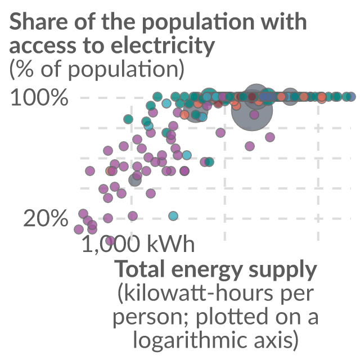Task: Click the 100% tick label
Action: pyautogui.click(x=39, y=97)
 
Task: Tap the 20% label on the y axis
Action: pyautogui.click(x=46, y=218)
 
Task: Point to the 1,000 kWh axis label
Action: pyautogui.click(x=138, y=244)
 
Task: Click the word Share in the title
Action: pyautogui.click(x=38, y=21)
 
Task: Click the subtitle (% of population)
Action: pyautogui.click(x=97, y=69)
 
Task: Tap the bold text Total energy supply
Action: pyautogui.click(x=215, y=269)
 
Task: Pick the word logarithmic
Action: pyautogui.click(x=190, y=340)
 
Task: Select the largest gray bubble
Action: pyautogui.click(x=252, y=110)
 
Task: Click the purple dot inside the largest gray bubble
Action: pyautogui.click(x=254, y=114)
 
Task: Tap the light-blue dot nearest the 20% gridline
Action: pyautogui.click(x=173, y=216)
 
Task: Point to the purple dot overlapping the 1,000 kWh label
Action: pyautogui.click(x=110, y=241)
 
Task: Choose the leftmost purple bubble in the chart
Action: pyautogui.click(x=79, y=229)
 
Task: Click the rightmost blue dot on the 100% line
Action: pyautogui.click(x=351, y=97)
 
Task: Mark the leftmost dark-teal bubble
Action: pyautogui.click(x=128, y=119)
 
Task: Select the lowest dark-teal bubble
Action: pyautogui.click(x=209, y=162)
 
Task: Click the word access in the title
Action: pyautogui.click(x=43, y=46)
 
